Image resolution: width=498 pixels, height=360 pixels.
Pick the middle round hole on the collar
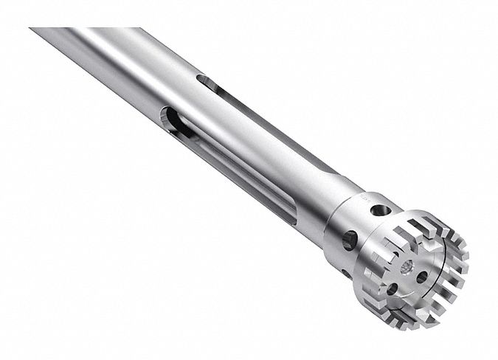(x=350, y=240)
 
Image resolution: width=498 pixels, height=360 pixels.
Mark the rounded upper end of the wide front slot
(x=170, y=118)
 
